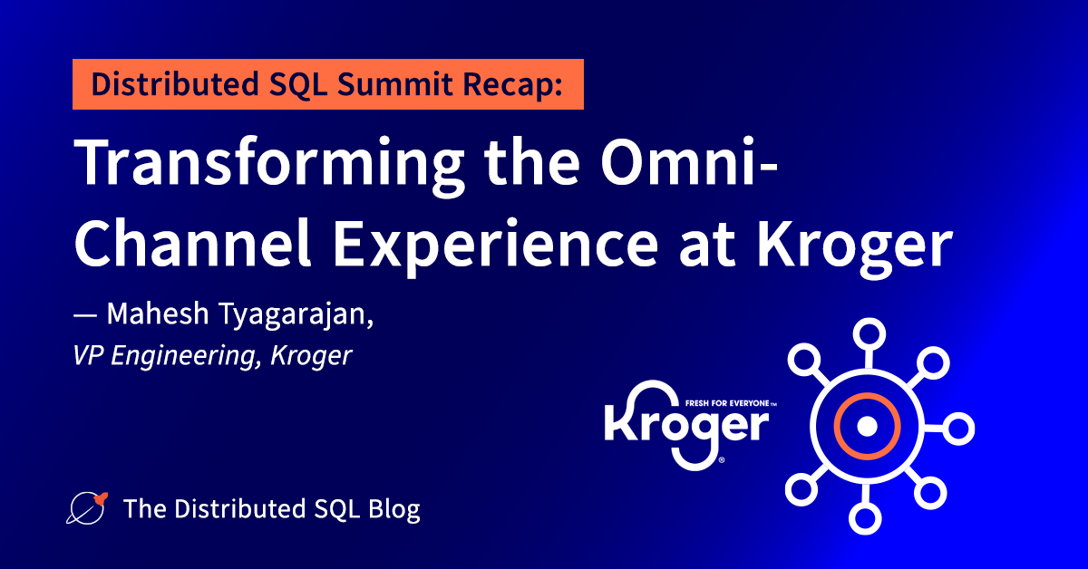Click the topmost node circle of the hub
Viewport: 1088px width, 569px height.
(x=866, y=333)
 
